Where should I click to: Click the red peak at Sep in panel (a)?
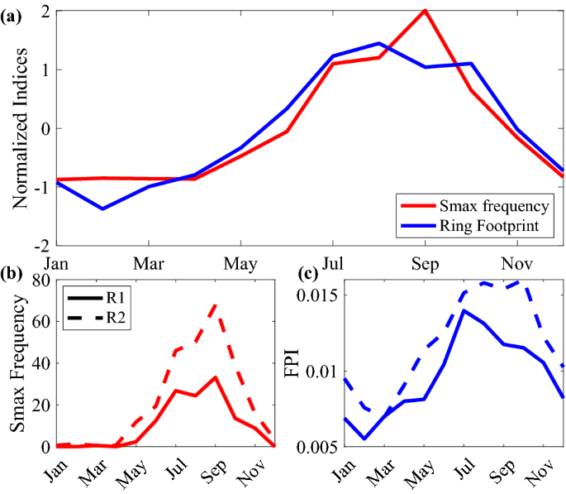(424, 11)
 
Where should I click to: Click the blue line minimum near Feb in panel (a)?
(102, 209)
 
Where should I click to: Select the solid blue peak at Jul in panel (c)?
(464, 310)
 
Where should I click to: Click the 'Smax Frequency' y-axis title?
(20, 365)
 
